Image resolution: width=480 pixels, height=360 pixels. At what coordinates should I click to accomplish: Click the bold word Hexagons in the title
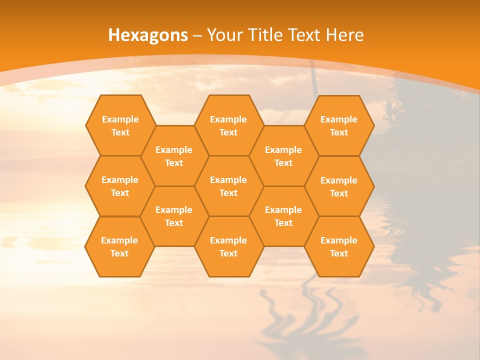[x=148, y=35]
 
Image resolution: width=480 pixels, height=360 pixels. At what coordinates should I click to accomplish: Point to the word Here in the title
[x=345, y=35]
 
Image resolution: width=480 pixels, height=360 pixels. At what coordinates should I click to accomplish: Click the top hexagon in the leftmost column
[x=120, y=125]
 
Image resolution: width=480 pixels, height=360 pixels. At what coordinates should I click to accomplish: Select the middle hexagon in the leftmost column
[x=120, y=186]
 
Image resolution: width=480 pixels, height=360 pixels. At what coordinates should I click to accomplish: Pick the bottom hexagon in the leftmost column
[x=119, y=246]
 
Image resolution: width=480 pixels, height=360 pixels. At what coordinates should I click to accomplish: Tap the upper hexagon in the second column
[x=174, y=156]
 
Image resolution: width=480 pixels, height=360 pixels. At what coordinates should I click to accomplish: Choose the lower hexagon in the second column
[x=174, y=216]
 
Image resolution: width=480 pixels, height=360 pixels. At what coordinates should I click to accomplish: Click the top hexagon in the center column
[x=228, y=125]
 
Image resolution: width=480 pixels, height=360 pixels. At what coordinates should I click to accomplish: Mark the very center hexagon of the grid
[x=228, y=186]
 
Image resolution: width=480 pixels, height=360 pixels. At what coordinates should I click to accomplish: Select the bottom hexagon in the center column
[x=228, y=246]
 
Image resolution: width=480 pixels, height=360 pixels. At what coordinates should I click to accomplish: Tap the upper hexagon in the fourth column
[x=283, y=156]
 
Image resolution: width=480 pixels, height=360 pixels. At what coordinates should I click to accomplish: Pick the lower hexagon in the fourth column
[x=283, y=216]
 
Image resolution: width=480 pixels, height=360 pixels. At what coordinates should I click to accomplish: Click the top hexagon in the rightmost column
[x=339, y=125]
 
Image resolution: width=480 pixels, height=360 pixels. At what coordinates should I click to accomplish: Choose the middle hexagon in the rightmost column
[x=339, y=186]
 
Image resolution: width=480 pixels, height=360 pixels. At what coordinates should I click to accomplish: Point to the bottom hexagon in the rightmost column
[x=339, y=246]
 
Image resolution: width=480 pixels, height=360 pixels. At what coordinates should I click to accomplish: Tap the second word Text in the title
[x=304, y=35]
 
